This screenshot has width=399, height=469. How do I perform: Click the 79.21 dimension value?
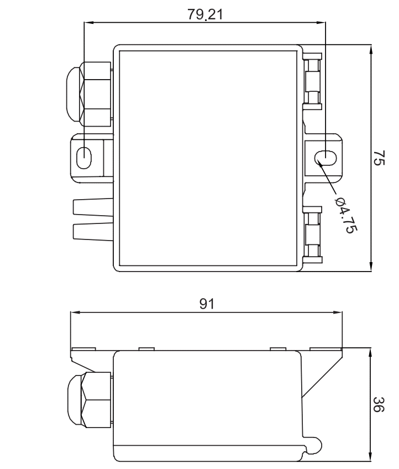(205, 14)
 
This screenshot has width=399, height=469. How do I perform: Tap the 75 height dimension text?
(379, 158)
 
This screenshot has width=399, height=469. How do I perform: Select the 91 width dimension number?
(207, 304)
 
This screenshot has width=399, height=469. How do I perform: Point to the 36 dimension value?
(379, 404)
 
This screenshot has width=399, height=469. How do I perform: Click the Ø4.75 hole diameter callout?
(346, 215)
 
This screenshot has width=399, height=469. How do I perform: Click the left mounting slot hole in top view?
(84, 158)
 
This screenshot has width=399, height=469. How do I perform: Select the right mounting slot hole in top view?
(326, 158)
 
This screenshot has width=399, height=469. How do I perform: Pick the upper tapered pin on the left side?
(93, 206)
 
